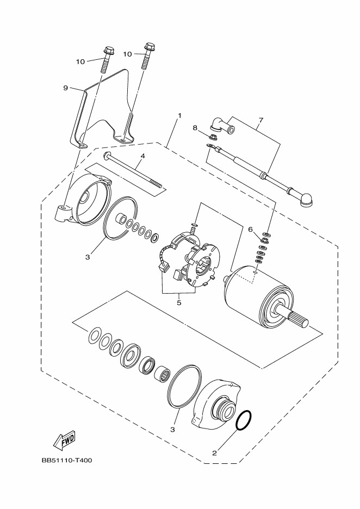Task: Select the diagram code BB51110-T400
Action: point(66,460)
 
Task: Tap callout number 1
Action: point(179,116)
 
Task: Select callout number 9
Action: point(65,88)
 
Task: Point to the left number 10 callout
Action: point(80,61)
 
